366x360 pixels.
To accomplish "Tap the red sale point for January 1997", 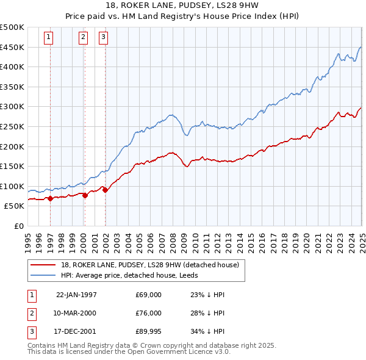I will (x=50, y=198).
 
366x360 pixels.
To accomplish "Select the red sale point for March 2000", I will (x=85, y=195).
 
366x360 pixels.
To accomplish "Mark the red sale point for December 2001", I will (x=105, y=190).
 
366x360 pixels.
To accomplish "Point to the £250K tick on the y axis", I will (x=12, y=126).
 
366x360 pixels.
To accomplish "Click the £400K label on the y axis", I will (x=12, y=67).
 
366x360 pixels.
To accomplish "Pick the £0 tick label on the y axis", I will (x=18, y=226).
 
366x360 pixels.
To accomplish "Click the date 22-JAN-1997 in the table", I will (x=76, y=295).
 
